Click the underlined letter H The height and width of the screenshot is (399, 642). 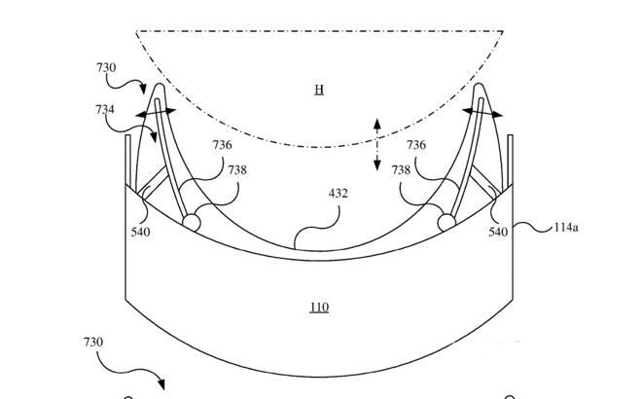click(x=319, y=90)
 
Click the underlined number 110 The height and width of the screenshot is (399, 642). click(x=319, y=308)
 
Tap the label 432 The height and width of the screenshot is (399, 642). click(x=339, y=194)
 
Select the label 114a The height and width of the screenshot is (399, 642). click(x=566, y=228)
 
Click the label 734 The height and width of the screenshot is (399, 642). click(x=105, y=110)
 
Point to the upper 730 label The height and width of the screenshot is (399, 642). click(x=106, y=67)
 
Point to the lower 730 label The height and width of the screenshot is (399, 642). click(x=93, y=342)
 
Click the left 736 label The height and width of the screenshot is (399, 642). click(x=222, y=145)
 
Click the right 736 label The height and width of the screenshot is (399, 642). click(x=416, y=145)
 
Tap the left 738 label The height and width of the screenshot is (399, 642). click(x=237, y=170)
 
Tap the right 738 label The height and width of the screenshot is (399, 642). click(x=401, y=170)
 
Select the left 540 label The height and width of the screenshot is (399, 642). click(x=140, y=233)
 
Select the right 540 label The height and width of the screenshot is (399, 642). click(x=498, y=233)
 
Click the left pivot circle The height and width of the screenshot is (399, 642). click(x=192, y=223)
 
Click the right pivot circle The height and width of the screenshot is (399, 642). click(x=446, y=223)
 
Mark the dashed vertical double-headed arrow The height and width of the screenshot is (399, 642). click(x=377, y=144)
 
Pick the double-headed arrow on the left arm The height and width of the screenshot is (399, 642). click(x=156, y=113)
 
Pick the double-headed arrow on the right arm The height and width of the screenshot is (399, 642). click(x=482, y=112)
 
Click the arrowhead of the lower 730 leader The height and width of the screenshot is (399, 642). click(x=161, y=384)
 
